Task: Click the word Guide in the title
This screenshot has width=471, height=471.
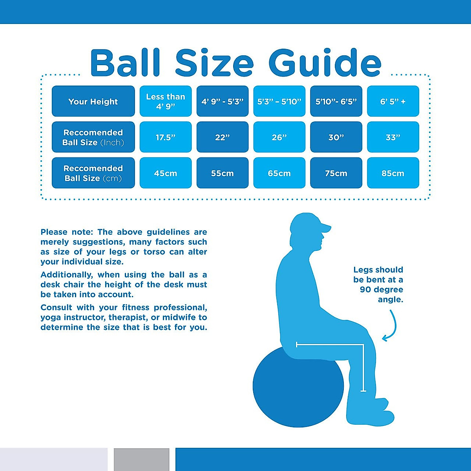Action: coord(325,64)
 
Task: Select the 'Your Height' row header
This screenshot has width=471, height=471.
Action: coord(93,101)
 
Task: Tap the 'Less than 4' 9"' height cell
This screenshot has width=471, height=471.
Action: coord(166,101)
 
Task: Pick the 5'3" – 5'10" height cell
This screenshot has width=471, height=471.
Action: coord(279,101)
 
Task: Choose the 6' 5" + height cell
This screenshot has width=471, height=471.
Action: coord(393,101)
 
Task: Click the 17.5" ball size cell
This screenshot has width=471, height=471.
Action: coord(166,137)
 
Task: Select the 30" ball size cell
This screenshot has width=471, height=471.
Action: coord(336,137)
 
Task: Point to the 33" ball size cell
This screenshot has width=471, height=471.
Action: coord(393,137)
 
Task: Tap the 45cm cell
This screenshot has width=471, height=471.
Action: coord(166,173)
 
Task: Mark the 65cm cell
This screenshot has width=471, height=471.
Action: coord(279,173)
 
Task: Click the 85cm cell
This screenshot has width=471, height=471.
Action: coord(393,173)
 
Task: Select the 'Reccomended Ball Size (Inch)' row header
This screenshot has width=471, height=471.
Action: coord(93,137)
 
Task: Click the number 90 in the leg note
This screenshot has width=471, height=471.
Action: coord(365,290)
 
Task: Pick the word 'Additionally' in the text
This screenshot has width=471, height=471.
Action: coord(66,275)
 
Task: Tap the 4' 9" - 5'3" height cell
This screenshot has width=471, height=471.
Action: coord(222,101)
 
